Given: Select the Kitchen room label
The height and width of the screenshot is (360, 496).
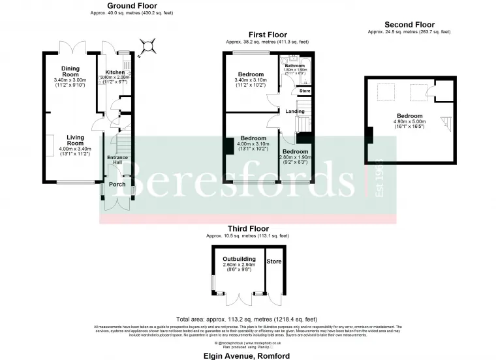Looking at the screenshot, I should [115, 72].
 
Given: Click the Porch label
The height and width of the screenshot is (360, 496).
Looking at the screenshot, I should [117, 184].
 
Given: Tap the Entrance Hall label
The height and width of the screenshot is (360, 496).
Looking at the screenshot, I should [117, 160].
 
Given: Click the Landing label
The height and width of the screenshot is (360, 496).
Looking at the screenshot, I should [295, 112].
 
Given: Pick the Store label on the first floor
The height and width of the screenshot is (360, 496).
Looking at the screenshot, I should [305, 91].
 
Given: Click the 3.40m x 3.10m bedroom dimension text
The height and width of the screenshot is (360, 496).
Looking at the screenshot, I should [251, 80].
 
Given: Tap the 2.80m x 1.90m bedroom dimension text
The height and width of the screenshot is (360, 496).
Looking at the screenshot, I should [295, 157].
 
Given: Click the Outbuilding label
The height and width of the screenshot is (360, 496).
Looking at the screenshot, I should [239, 260].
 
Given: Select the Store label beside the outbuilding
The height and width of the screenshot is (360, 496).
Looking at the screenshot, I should [274, 262].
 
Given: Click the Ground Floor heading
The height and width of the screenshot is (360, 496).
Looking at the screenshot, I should [116, 6].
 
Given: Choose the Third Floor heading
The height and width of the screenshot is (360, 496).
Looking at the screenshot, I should [248, 228].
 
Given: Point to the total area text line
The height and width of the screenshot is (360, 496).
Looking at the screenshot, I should [247, 320].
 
